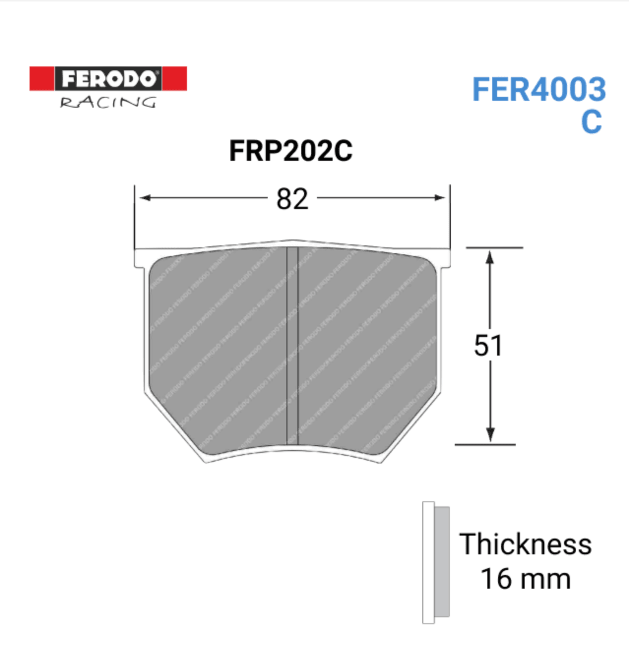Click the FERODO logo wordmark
point(108,79)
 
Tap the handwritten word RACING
point(108,102)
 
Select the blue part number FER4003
point(539,90)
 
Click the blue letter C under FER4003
point(591,121)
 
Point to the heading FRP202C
point(290,151)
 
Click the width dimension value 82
point(292,199)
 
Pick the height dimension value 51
point(488,345)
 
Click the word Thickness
point(525,544)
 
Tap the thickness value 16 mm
point(525,579)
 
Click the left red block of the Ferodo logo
point(41,79)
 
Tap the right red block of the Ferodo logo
point(174,79)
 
